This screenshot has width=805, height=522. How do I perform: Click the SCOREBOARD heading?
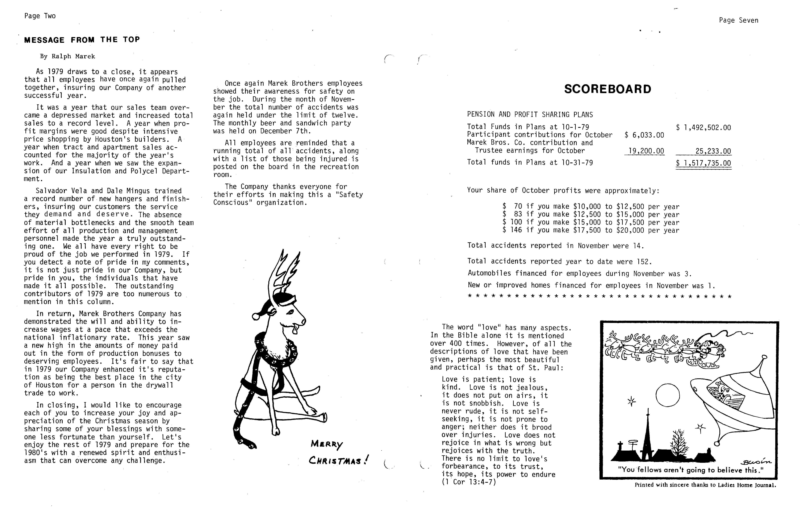coord(608,89)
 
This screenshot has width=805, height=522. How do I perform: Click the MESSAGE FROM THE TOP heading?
coord(82,40)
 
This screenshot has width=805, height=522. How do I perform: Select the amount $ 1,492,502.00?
coord(704,128)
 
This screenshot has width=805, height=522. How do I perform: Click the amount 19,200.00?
coord(646,151)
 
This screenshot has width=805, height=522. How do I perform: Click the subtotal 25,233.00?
coord(713,151)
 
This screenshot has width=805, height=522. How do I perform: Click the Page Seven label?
coord(738,20)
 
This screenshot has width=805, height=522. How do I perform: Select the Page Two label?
coord(40,16)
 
